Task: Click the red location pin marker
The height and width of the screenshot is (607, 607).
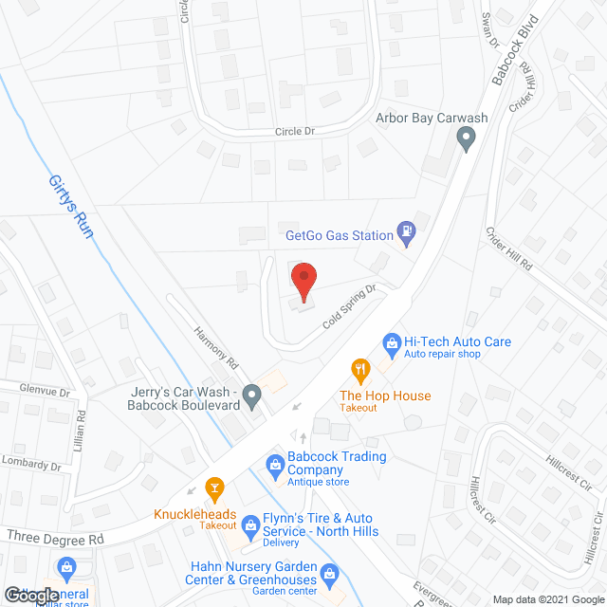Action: tap(303, 281)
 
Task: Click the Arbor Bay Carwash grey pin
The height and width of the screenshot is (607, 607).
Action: tap(466, 139)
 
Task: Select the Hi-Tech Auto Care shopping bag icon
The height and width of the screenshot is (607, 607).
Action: tap(390, 341)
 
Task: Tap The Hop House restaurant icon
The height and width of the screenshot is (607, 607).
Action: tap(359, 369)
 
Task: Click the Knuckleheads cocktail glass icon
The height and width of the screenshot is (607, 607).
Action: tap(215, 489)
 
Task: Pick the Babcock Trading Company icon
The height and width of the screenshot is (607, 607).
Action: tap(275, 464)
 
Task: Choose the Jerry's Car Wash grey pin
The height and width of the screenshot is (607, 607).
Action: tap(251, 394)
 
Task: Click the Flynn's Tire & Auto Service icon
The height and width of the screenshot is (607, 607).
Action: tap(250, 524)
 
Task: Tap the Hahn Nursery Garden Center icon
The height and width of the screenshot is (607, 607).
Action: tap(329, 573)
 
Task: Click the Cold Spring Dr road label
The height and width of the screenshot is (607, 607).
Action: tap(350, 307)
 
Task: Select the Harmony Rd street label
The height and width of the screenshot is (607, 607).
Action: tap(213, 350)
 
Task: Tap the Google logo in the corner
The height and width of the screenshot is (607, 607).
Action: tap(29, 596)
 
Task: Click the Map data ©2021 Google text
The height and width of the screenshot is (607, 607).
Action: tap(554, 599)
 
